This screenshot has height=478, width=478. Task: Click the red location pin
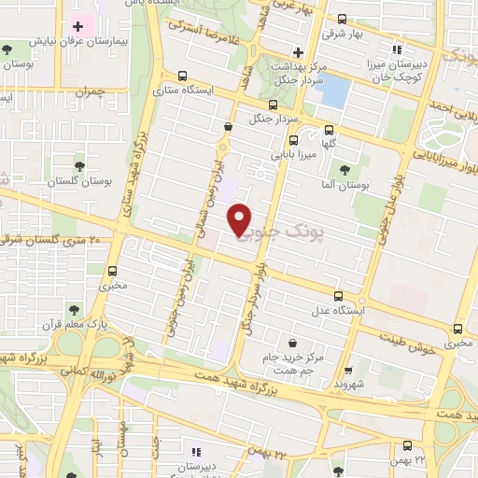point(241,219)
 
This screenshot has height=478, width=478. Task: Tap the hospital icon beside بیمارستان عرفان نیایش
point(78,25)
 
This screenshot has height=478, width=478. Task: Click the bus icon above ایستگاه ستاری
point(181,77)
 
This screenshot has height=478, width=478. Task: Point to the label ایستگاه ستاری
point(181,91)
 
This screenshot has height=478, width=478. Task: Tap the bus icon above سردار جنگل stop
point(272,105)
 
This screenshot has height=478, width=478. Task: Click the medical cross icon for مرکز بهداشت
point(298,52)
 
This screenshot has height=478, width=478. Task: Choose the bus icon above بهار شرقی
point(342,19)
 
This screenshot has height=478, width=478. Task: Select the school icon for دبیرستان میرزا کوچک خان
point(397,49)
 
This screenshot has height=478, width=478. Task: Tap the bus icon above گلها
point(328,132)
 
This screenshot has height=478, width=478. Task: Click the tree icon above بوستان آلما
point(345,169)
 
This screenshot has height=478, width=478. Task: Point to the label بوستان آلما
point(345,185)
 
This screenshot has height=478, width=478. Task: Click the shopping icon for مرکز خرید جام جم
point(293,343)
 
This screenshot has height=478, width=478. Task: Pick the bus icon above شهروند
point(348,370)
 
